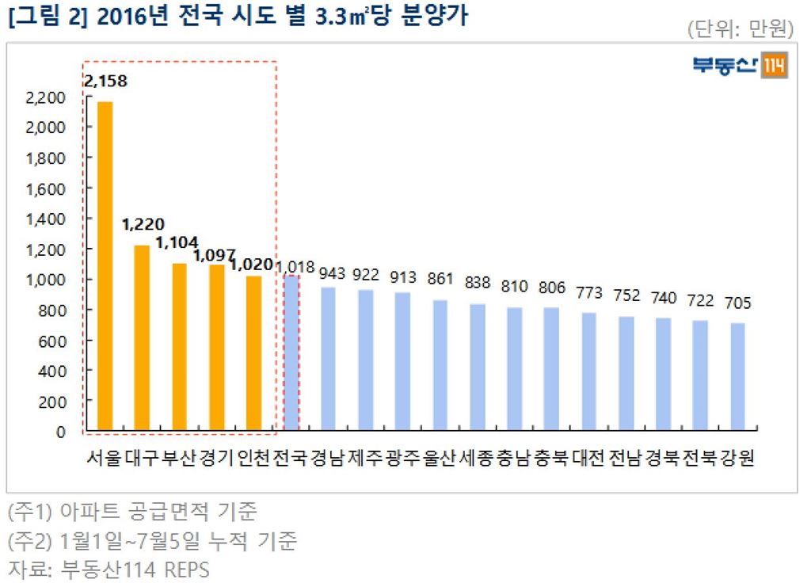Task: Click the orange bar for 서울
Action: coord(105,266)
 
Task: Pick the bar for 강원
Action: coord(737,377)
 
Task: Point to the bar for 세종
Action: coord(477,367)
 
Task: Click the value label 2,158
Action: coord(105,81)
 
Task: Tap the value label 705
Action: coord(737,303)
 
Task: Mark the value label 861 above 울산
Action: coord(440,279)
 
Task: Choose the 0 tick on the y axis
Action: coord(60,432)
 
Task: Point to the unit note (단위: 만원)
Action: coord(741,30)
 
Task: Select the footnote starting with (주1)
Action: coord(131,511)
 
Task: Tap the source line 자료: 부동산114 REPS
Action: coord(108,569)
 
